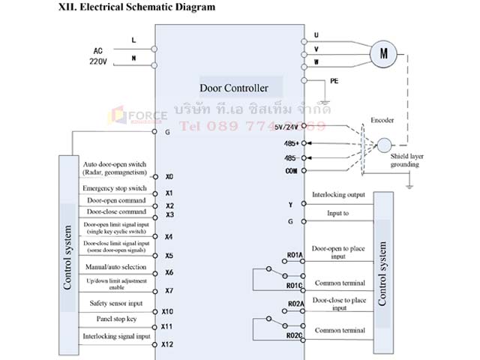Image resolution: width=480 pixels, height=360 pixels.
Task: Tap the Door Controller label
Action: tap(233, 88)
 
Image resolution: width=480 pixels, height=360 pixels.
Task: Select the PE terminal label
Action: tap(334, 81)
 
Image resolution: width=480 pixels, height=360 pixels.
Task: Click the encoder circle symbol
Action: tap(384, 145)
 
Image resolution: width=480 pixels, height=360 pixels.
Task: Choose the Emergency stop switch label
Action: tap(115, 187)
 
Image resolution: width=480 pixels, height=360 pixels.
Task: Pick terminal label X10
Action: tap(167, 310)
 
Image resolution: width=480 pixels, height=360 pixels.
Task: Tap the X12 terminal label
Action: tap(167, 344)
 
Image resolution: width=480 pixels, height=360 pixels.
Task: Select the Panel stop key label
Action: tap(115, 319)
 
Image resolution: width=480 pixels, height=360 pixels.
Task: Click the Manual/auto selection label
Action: tap(115, 267)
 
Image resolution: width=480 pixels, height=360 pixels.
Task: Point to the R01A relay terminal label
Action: tap(294, 256)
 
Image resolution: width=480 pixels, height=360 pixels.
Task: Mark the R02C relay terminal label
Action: tap(294, 335)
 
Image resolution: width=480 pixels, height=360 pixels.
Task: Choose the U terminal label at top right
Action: tap(316, 34)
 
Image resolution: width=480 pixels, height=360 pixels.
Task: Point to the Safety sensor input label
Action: tap(115, 303)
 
